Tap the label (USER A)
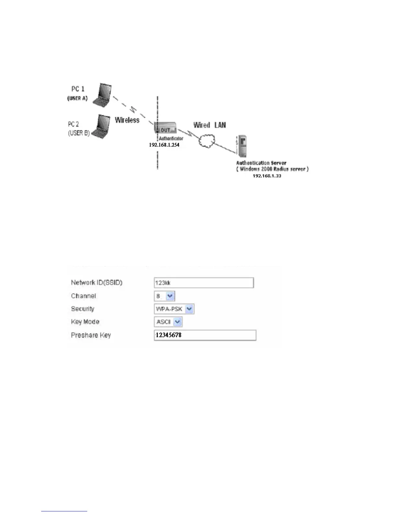(77, 98)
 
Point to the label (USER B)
(78, 133)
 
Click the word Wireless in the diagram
(127, 120)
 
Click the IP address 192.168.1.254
(164, 145)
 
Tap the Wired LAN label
(210, 125)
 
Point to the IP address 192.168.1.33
(267, 176)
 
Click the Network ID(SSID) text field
(204, 283)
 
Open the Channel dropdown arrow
(170, 296)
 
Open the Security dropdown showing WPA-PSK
(174, 309)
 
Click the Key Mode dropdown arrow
(177, 322)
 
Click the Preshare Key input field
(205, 335)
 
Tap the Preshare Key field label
(91, 335)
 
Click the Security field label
(83, 309)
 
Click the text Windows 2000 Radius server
(272, 169)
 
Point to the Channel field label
(83, 296)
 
